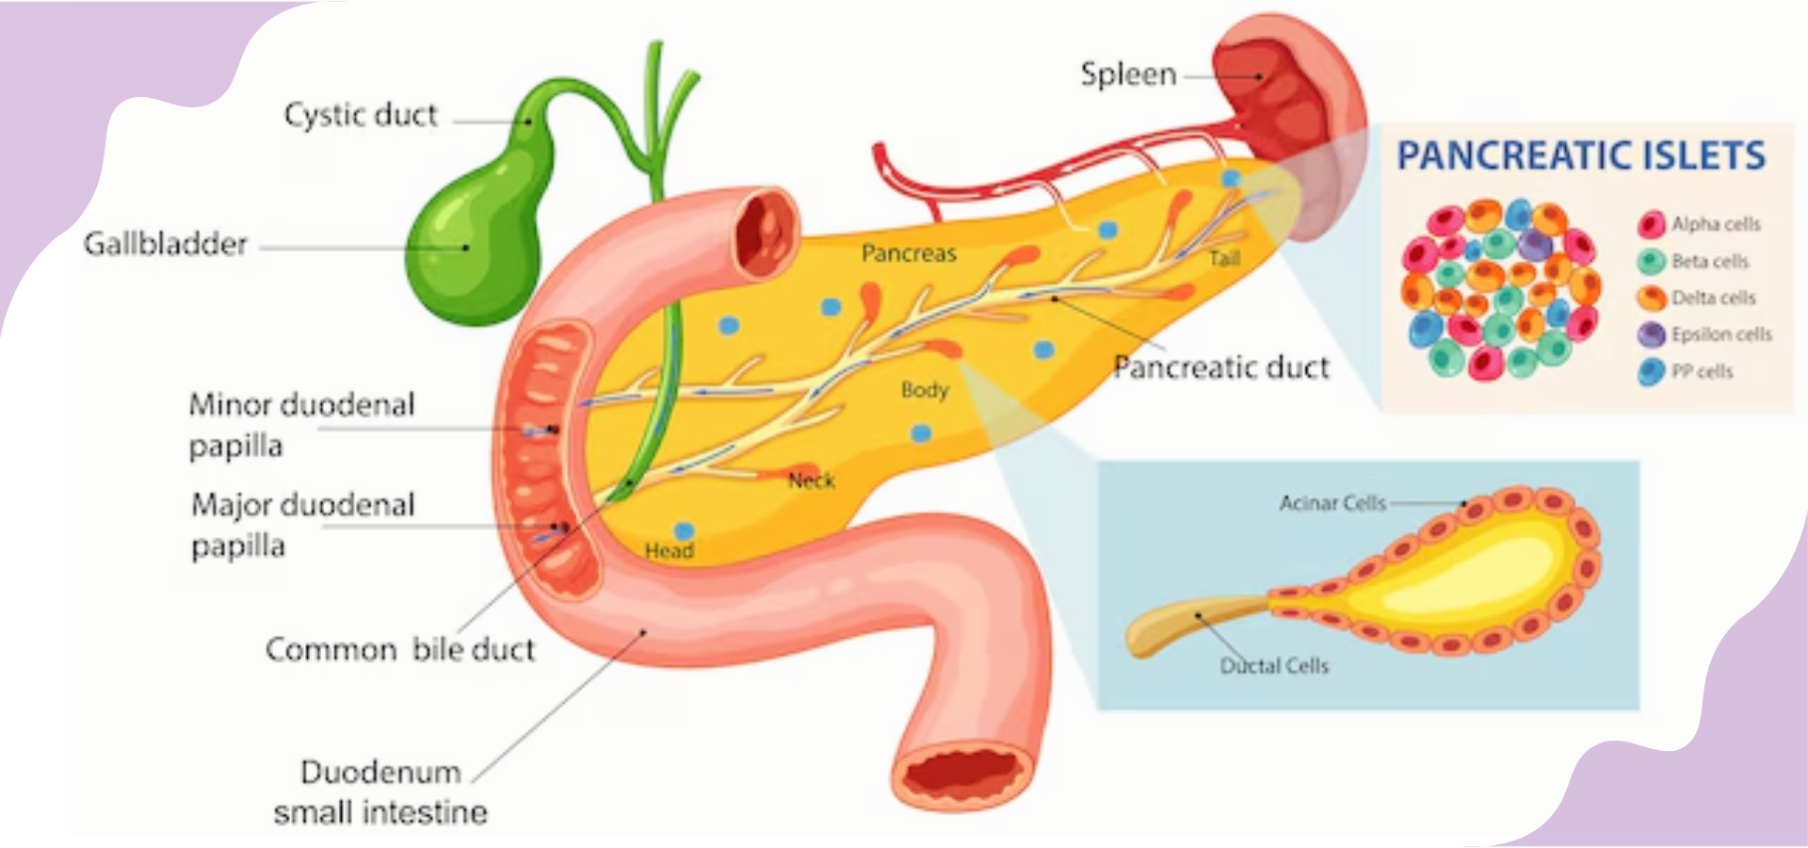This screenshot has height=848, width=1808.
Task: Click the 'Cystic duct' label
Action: click(361, 115)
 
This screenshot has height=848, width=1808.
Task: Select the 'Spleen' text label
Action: click(1128, 74)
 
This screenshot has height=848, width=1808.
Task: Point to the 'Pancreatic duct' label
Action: click(1221, 367)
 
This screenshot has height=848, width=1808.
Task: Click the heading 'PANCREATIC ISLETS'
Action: click(1580, 155)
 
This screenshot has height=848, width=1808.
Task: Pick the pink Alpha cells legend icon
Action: click(1651, 224)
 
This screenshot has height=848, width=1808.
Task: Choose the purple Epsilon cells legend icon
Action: click(1651, 334)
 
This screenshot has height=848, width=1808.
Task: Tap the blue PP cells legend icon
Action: click(1651, 371)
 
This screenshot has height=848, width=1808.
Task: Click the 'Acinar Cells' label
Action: click(1332, 503)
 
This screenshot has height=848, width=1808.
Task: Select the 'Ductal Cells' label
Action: click(1274, 666)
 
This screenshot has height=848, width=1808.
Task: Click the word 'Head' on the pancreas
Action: click(669, 551)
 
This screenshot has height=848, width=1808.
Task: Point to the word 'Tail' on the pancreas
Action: click(1224, 258)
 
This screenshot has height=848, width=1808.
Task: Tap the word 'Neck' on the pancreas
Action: click(811, 481)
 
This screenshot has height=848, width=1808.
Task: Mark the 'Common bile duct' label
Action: click(400, 650)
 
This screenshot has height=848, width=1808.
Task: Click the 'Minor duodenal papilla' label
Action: click(301, 425)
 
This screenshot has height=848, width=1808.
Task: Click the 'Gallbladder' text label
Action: click(165, 244)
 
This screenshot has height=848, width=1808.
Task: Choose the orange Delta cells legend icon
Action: click(1651, 299)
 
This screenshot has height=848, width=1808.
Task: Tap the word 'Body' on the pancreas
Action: click(924, 390)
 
